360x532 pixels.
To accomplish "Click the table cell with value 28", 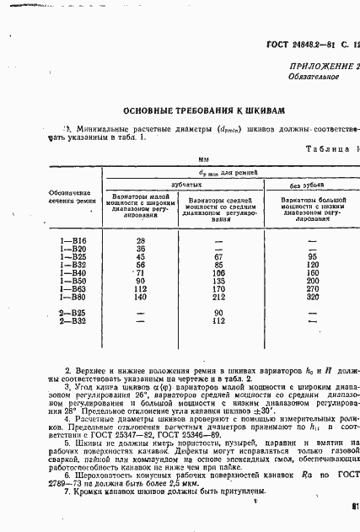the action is tap(141, 241).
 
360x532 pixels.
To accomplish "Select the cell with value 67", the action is tap(220, 257).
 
